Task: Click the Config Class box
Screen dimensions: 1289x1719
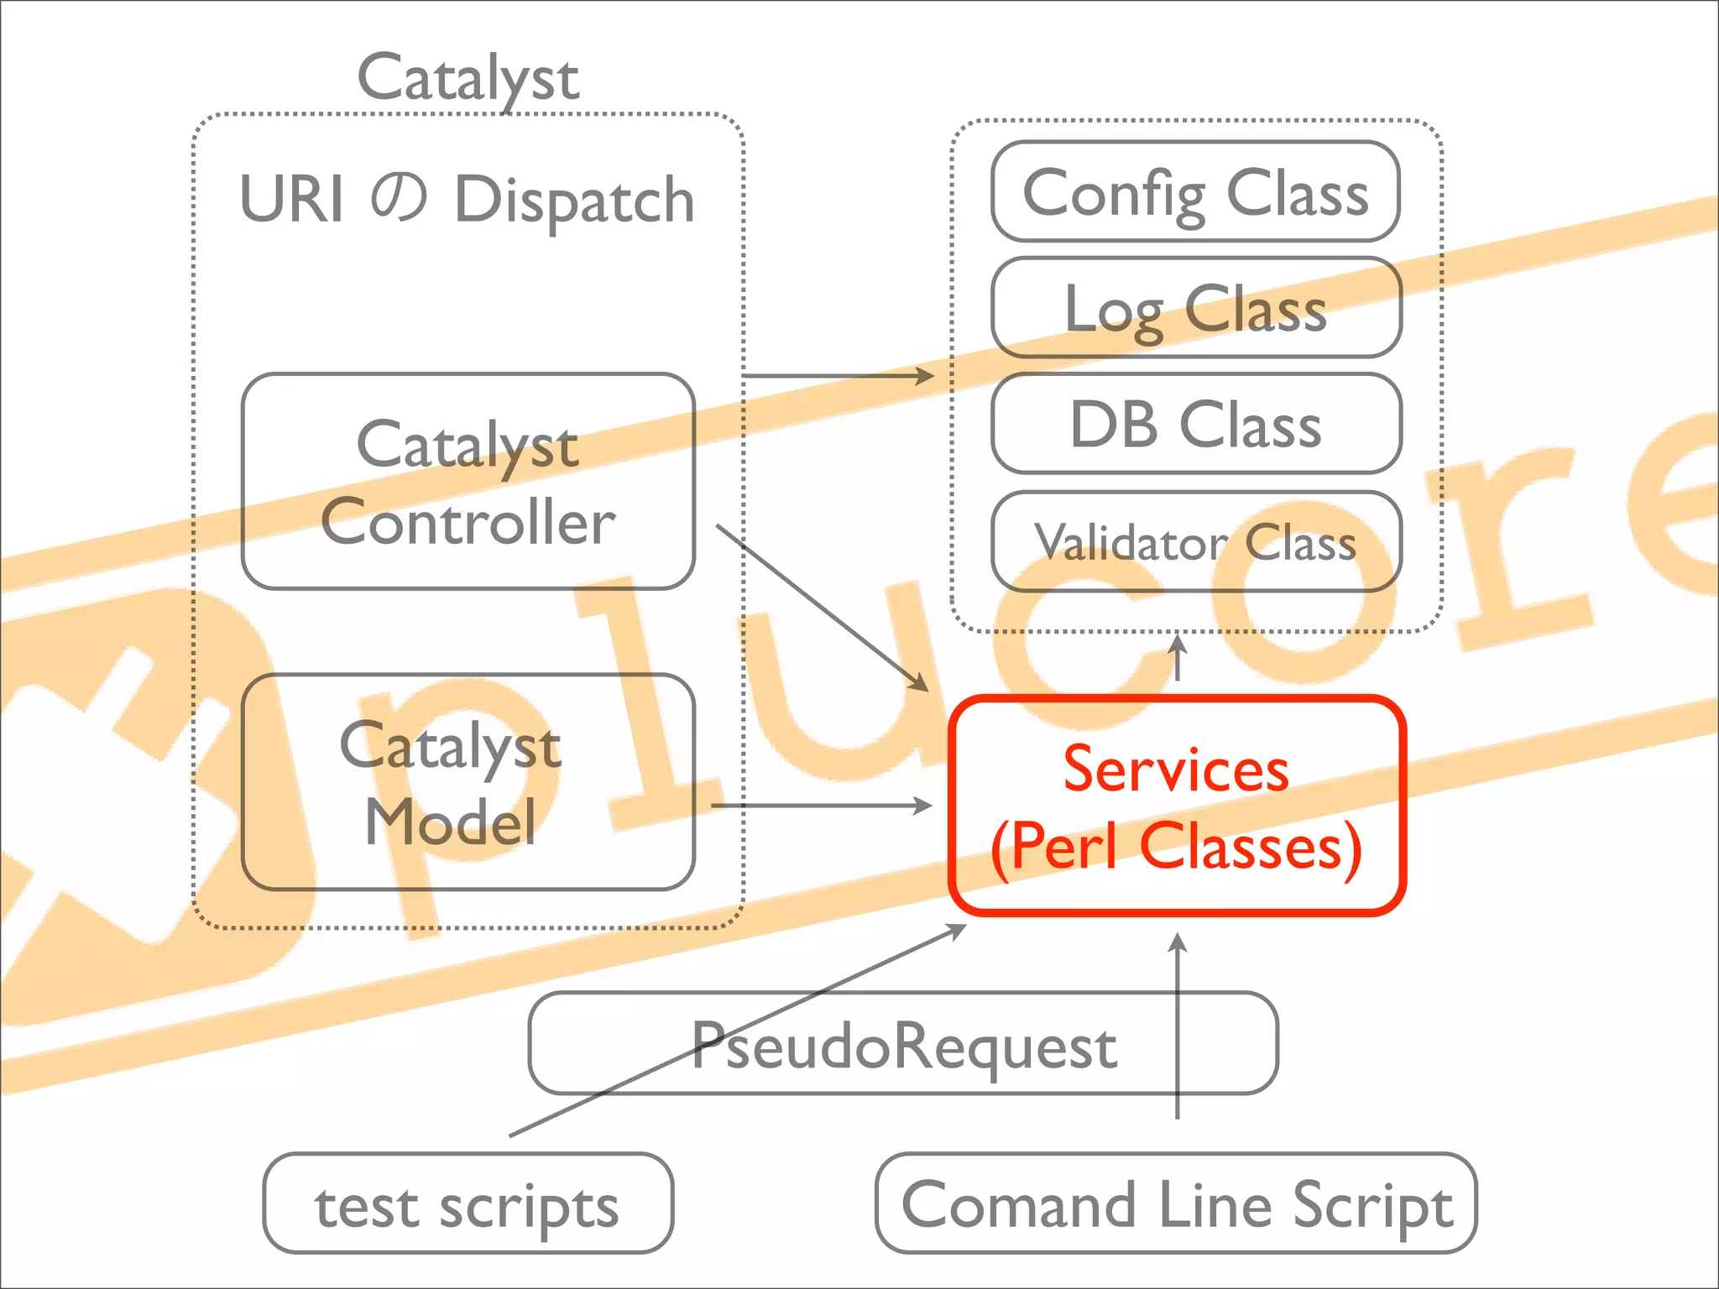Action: point(1195,191)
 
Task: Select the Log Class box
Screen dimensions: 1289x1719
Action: point(1195,308)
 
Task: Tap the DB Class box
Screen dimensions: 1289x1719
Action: point(1195,424)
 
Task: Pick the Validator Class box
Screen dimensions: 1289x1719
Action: point(1195,541)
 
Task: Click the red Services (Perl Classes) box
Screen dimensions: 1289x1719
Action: point(1177,806)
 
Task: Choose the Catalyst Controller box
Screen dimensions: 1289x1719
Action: point(468,481)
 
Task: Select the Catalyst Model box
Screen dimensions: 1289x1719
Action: point(468,781)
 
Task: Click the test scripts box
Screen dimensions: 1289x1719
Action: point(468,1203)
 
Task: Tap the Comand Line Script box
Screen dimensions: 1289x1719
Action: point(1175,1203)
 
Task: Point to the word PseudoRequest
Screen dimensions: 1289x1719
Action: point(903,1046)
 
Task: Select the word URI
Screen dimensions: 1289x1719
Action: point(291,200)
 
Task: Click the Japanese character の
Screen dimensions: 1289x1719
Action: point(399,200)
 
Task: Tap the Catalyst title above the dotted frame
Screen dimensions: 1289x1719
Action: point(468,77)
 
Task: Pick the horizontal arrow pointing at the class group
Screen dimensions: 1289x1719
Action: point(839,376)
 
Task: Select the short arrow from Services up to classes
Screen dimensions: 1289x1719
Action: point(1178,659)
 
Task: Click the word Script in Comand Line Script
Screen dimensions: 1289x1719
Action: point(1372,1205)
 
